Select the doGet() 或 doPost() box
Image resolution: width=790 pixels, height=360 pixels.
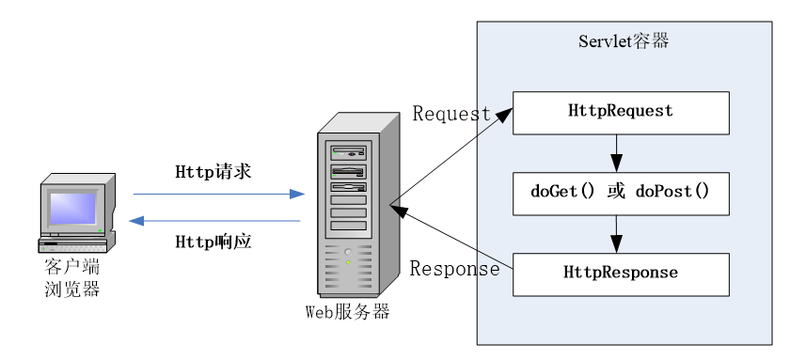click(x=621, y=193)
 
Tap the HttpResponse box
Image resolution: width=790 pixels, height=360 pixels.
click(x=621, y=274)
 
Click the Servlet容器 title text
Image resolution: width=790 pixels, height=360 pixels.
click(x=623, y=42)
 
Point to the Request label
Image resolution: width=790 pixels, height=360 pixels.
click(x=451, y=114)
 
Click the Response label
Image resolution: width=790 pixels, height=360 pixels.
click(x=454, y=269)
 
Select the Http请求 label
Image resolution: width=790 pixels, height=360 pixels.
click(x=213, y=172)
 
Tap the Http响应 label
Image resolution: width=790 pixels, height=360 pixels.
click(x=213, y=242)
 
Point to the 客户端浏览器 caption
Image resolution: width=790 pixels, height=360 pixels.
click(x=72, y=278)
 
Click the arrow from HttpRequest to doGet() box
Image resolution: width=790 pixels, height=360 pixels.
click(x=616, y=150)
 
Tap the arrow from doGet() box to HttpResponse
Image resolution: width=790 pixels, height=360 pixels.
click(x=616, y=233)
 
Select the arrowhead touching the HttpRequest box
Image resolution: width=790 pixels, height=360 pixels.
click(x=504, y=114)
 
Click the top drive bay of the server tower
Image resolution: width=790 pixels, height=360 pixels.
click(x=348, y=150)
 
